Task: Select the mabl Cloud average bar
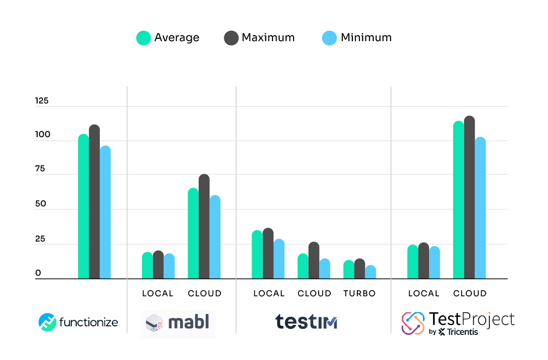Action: tap(193, 233)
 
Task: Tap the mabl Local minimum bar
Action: tap(169, 266)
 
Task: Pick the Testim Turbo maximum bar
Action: tap(359, 269)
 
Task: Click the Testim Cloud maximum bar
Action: tap(314, 261)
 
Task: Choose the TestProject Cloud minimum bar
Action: tap(480, 208)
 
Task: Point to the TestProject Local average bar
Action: tap(413, 262)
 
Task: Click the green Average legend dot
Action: tap(144, 38)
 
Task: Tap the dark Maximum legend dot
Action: tap(231, 38)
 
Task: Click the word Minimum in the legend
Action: tap(366, 38)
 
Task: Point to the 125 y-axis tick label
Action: tap(42, 101)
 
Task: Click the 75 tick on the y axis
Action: tap(40, 169)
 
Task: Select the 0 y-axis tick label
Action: tap(38, 274)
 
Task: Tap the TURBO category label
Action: tap(359, 294)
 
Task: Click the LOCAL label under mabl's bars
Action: tap(158, 294)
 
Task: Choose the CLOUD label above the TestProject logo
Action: tap(470, 294)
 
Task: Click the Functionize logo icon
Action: tap(48, 322)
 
